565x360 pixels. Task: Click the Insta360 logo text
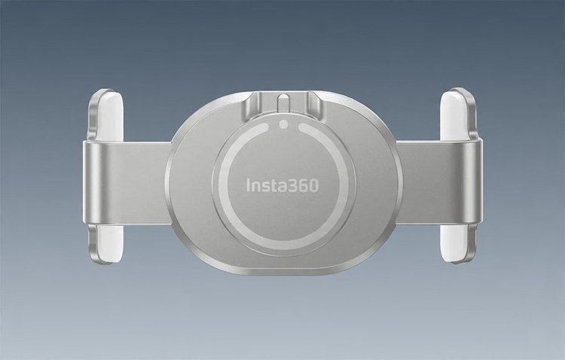(x=282, y=185)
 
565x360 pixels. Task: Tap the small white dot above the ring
(x=283, y=124)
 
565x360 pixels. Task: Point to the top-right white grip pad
(x=455, y=115)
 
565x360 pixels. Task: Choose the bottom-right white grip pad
(x=455, y=243)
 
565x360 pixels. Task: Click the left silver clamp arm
(x=126, y=182)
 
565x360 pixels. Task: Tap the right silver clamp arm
(x=440, y=182)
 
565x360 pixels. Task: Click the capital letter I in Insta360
(x=249, y=185)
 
